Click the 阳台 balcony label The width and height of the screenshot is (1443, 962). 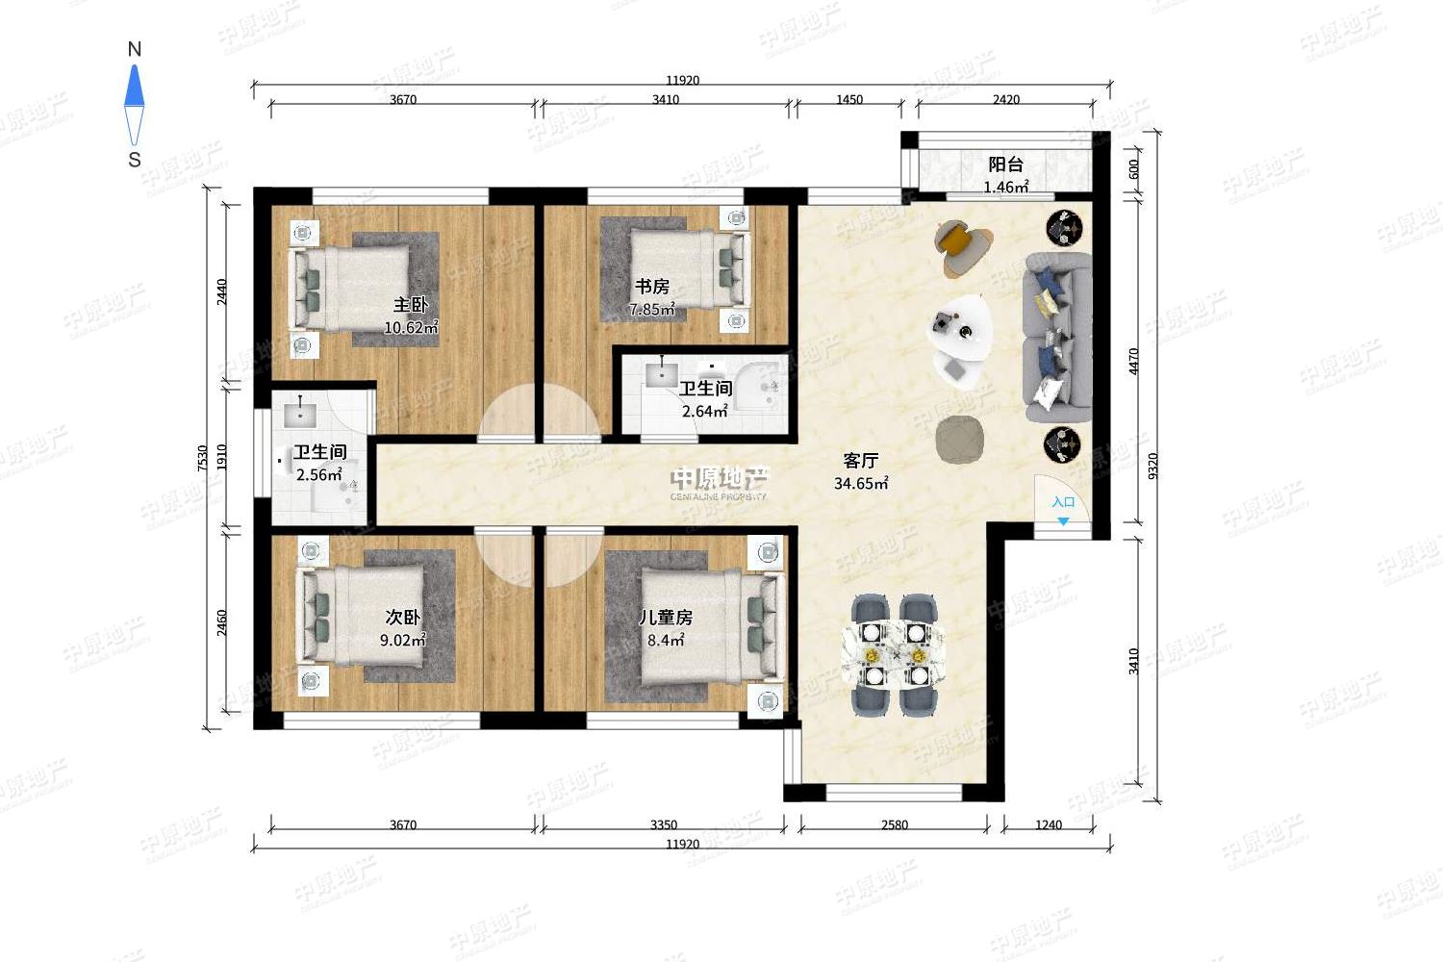click(1005, 165)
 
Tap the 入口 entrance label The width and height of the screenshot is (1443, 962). click(1063, 502)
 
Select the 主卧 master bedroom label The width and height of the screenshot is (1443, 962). click(411, 305)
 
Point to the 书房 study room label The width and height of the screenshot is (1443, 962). click(652, 286)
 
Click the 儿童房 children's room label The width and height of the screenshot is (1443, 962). click(666, 618)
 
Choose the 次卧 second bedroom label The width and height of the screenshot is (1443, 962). click(403, 618)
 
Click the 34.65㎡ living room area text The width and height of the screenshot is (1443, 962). click(861, 483)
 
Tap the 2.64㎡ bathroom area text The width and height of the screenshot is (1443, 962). click(705, 411)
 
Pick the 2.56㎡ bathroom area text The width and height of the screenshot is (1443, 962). click(318, 475)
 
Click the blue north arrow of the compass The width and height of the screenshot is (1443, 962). click(134, 86)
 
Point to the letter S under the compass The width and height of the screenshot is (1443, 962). click(134, 160)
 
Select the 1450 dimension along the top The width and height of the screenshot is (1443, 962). click(849, 100)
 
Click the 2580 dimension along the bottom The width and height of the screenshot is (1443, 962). click(894, 824)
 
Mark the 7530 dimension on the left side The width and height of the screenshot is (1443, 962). click(203, 458)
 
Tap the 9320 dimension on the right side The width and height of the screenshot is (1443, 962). click(1153, 466)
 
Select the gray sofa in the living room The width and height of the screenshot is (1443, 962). click(1057, 337)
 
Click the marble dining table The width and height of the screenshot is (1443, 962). click(894, 655)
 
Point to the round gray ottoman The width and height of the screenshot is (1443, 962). click(960, 440)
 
